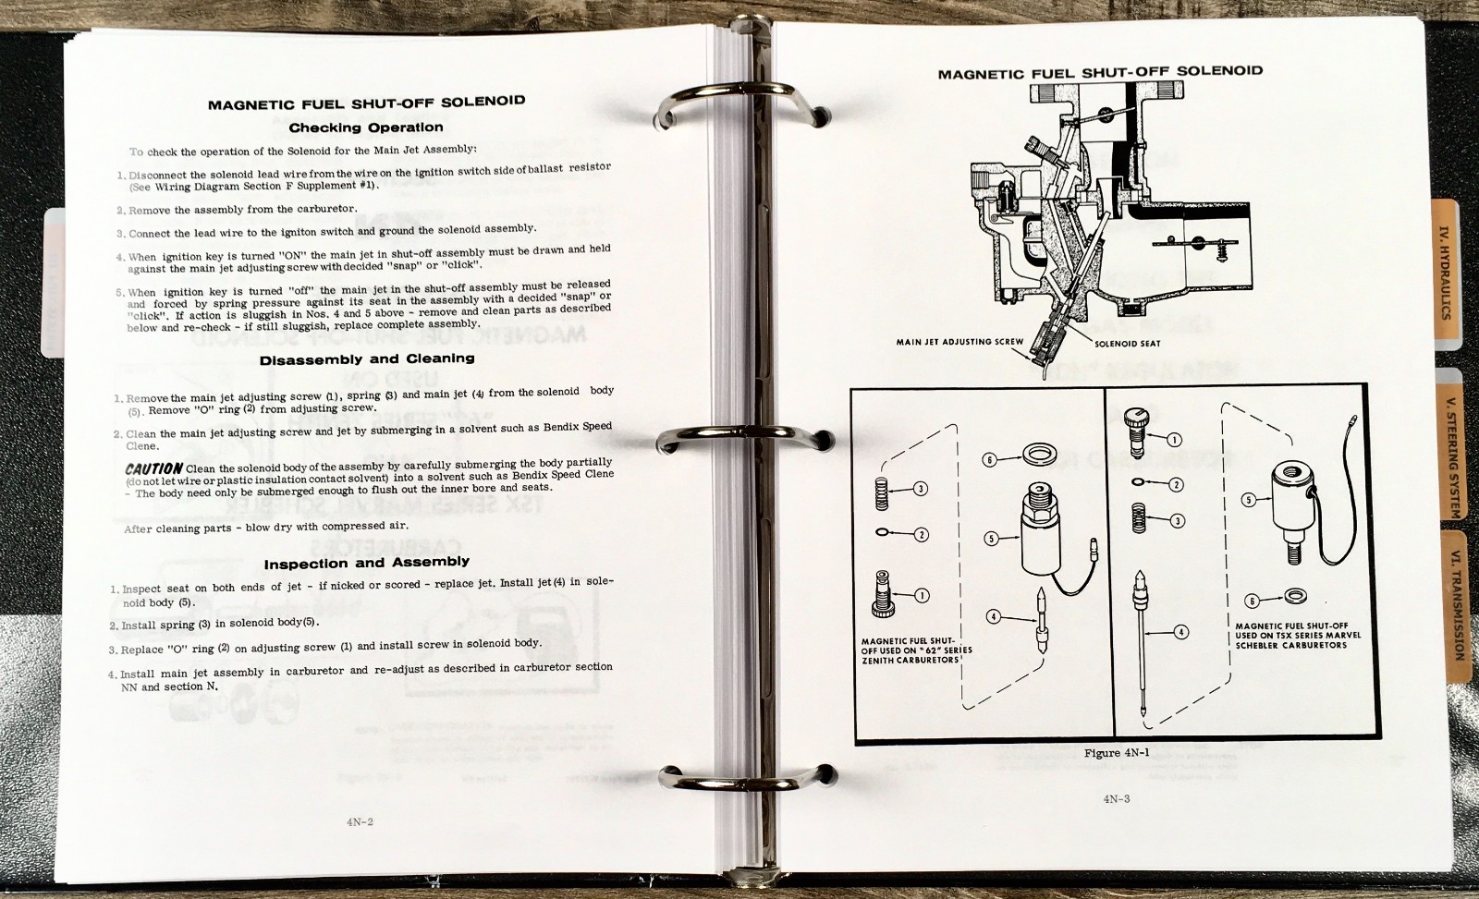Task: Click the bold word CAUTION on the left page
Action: [153, 468]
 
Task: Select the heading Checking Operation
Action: [366, 128]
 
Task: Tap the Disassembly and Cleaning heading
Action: [367, 359]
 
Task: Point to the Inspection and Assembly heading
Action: [366, 563]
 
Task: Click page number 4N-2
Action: [360, 821]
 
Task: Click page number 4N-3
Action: [1117, 798]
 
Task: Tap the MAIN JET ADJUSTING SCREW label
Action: [960, 342]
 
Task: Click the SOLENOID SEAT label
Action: [1127, 343]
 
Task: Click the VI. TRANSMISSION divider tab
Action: [1455, 605]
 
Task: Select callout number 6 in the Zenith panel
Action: [989, 459]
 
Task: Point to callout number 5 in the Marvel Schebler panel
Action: [1248, 500]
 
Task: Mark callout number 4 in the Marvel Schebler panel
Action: [1180, 632]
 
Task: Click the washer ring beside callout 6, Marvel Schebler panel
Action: [1296, 595]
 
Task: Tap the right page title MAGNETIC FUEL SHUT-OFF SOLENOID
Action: [1100, 72]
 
